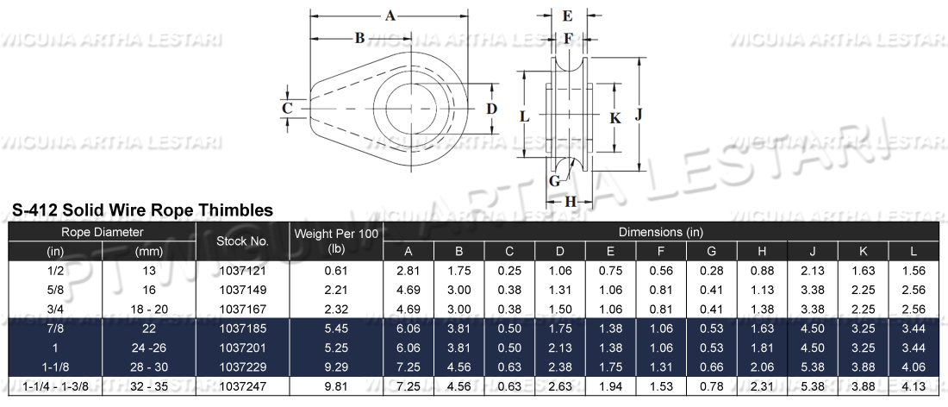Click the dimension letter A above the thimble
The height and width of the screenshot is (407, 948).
pos(390,16)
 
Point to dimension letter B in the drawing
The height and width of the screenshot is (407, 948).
pos(359,37)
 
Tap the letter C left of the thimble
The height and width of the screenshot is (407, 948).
pos(289,108)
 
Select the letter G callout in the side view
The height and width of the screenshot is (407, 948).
pos(554,180)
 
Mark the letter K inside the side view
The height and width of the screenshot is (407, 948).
pos(614,118)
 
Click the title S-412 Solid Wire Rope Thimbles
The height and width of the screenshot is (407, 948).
pos(142,210)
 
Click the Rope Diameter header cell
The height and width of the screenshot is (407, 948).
pos(102,233)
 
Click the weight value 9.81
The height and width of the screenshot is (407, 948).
pos(336,386)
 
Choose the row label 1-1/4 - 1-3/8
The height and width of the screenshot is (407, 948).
pos(55,386)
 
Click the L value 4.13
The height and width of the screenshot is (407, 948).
pos(914,386)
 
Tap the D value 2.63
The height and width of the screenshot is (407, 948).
pos(560,386)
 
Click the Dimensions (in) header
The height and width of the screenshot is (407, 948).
pos(660,232)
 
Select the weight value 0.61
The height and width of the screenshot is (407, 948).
pos(336,271)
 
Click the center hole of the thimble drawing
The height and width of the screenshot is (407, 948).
pos(417,109)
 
